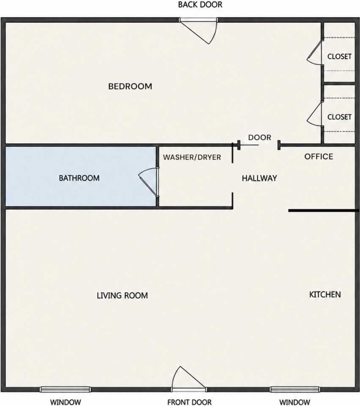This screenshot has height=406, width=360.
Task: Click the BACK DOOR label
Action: point(200,5)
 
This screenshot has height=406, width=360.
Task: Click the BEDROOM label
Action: point(130,86)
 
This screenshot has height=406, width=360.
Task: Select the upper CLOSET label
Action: point(339,56)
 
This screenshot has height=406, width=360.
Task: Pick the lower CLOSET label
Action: point(339,117)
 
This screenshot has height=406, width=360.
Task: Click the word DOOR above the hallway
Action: point(259,137)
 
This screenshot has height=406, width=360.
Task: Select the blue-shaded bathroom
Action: point(80,177)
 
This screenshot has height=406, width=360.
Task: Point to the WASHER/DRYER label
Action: point(192,157)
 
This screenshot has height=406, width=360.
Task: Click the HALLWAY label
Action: point(259,178)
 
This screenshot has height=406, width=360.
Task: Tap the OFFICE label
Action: point(319,156)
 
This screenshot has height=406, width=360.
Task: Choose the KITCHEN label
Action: point(325,294)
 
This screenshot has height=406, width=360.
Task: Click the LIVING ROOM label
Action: point(122,296)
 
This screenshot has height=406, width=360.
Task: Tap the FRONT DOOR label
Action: point(190,402)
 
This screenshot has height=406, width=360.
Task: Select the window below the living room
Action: point(65,390)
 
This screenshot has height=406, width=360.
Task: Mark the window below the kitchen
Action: point(295,390)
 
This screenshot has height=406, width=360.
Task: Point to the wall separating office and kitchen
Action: point(324,211)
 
